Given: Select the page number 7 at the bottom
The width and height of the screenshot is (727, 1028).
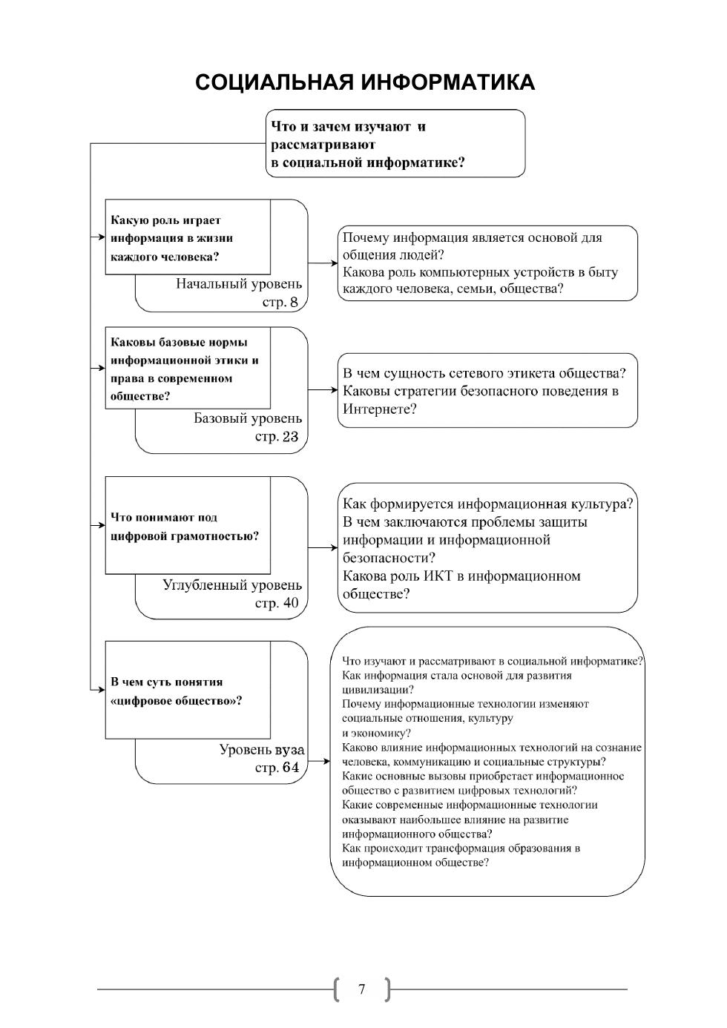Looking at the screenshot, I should tap(362, 989).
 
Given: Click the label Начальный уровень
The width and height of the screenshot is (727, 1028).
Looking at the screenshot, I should tap(239, 284).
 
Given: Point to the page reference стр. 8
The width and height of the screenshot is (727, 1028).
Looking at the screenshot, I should tap(280, 303).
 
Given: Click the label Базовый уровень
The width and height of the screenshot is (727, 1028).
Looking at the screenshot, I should tap(248, 418).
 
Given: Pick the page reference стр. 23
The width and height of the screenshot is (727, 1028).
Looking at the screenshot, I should tap(276, 437).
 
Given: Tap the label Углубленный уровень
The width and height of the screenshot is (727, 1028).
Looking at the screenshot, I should tap(232, 585).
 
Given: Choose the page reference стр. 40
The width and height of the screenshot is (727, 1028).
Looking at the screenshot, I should tap(276, 604).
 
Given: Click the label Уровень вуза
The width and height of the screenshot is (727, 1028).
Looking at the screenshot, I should tap(261, 750).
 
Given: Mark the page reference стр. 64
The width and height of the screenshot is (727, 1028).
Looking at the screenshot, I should tap(276, 768).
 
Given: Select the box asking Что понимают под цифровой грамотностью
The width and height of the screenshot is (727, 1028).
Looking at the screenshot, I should tap(187, 526).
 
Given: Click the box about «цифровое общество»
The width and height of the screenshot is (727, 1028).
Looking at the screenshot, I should tap(187, 691).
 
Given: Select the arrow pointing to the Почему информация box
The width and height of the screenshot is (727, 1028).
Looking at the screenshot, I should tap(323, 263).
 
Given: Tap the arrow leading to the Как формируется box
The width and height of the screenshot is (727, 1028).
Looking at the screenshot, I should tap(323, 547).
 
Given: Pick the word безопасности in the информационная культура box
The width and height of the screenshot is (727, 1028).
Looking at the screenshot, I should tap(389, 558).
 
